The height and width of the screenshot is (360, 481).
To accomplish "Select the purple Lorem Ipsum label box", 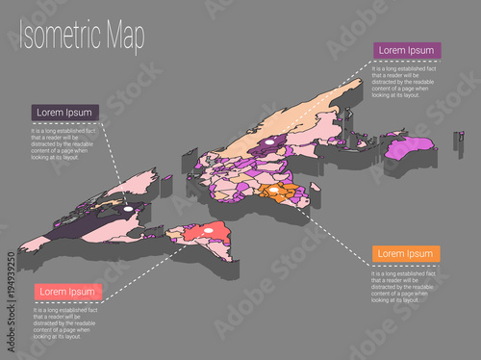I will pos(407,50).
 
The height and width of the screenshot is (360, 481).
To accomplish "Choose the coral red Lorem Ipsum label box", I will pos(67,291).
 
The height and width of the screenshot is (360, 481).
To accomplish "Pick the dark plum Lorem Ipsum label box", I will pos(65,113).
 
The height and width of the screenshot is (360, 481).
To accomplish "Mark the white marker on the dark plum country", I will pos(128,206).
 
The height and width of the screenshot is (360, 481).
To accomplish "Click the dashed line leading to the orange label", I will pos(327,226).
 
